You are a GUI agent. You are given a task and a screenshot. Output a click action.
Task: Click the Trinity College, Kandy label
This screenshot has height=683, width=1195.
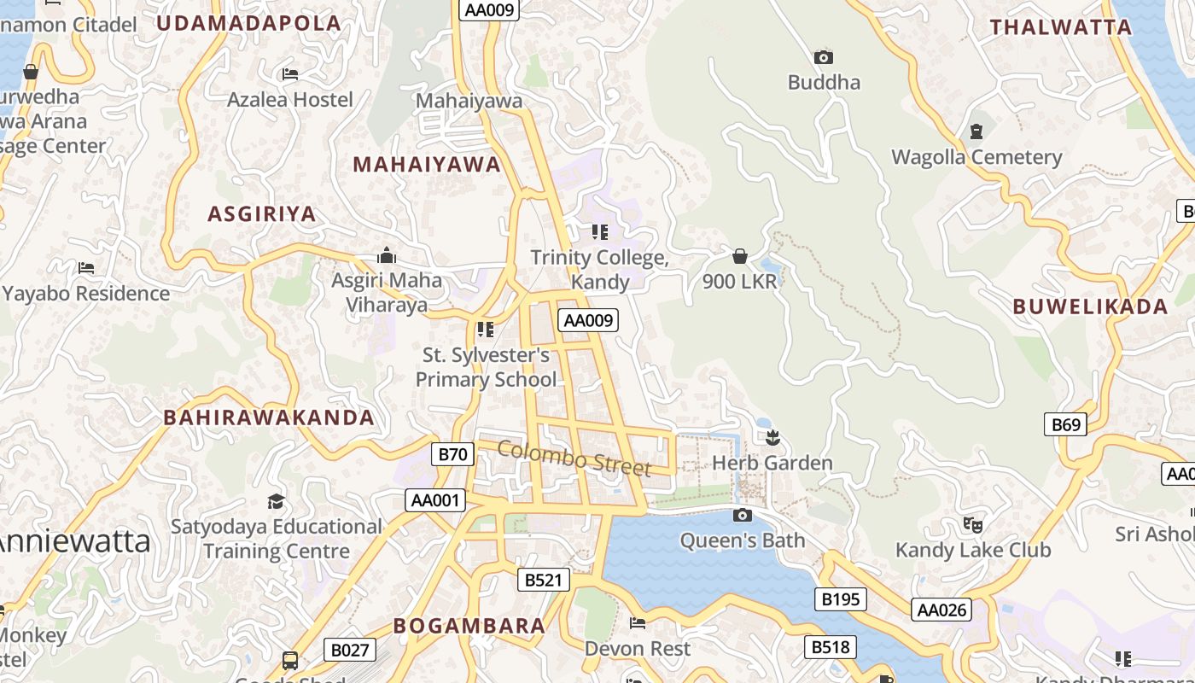599,269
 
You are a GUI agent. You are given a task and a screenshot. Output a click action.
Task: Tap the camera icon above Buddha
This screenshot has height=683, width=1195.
824,57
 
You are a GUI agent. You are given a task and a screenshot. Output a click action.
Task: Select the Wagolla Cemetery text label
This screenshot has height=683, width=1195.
976,157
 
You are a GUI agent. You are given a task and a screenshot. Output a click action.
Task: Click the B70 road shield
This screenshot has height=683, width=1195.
452,454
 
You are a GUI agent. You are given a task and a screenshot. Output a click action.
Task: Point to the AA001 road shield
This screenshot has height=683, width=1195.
435,500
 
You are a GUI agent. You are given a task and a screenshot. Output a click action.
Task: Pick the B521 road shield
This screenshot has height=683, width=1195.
543,580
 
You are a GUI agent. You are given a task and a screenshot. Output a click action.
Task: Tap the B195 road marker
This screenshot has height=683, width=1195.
840,599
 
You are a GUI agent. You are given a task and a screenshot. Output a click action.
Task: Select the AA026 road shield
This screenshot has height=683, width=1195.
941,610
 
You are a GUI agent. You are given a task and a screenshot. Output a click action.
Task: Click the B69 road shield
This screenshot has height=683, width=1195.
1065,424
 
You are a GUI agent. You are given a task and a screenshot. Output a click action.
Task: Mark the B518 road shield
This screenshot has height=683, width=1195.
830,647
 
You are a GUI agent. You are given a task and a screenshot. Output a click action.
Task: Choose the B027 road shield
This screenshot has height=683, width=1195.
350,651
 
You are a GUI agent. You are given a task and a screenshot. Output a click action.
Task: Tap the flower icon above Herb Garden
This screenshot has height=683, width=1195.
773,439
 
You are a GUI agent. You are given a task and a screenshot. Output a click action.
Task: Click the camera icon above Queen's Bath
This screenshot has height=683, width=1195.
743,515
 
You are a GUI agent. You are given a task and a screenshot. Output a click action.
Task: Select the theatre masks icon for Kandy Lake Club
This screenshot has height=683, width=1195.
972,524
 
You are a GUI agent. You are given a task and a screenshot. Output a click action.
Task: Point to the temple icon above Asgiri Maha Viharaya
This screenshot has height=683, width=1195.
387,255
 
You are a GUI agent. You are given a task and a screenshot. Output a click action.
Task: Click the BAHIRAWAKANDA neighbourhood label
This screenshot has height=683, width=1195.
269,417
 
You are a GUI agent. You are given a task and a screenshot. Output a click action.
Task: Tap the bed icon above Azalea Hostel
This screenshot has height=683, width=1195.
290,74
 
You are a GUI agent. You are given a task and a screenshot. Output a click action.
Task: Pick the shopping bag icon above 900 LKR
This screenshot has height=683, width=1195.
740,256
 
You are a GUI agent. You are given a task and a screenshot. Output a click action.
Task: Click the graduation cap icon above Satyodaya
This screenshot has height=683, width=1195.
276,501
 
